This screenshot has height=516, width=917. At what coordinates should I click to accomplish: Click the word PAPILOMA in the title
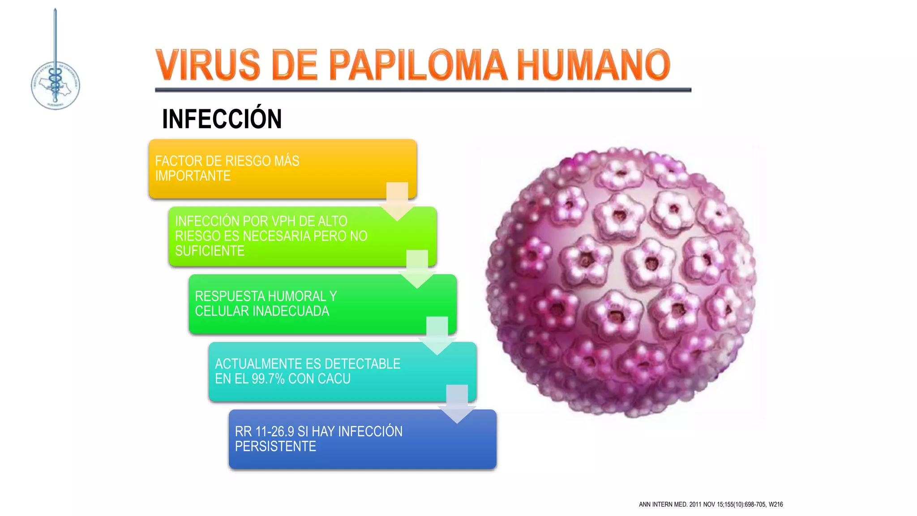pos(418,65)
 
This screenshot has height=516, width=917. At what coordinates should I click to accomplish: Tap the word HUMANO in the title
pos(593,65)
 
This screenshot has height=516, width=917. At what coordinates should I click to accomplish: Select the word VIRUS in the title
pos(208,65)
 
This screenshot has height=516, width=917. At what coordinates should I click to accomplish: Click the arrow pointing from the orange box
pos(397,201)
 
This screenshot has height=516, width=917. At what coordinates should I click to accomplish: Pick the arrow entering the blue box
pos(457,403)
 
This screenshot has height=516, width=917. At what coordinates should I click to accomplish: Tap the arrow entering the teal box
pos(437,335)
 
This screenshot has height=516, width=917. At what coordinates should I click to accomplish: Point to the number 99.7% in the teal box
pos(268,379)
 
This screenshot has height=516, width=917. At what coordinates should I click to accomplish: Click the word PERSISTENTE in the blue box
pos(275,447)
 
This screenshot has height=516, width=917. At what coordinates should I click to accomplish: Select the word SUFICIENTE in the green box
pos(210,251)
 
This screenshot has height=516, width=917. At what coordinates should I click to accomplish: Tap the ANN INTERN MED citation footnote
pos(711,504)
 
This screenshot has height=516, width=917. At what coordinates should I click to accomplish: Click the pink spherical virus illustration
pos(621,282)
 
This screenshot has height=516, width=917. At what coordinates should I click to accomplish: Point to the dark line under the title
pos(423,90)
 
